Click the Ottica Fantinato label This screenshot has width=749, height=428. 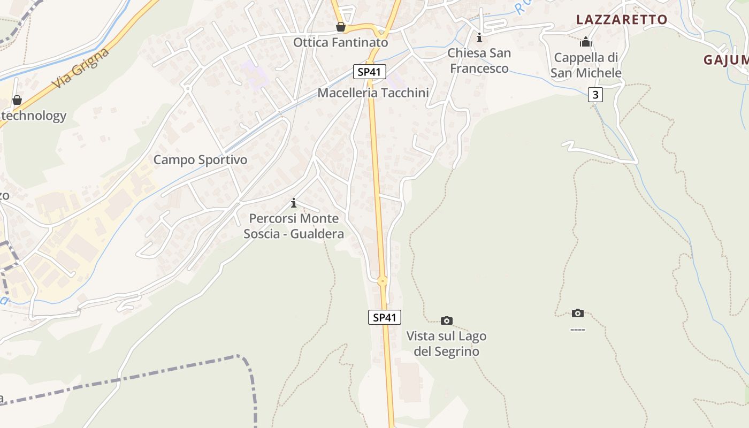pos(340,42)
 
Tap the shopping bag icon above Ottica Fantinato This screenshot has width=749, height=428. pos(340,27)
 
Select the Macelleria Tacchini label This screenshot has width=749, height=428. pos(373,93)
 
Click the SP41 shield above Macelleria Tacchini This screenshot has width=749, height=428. pos(369,72)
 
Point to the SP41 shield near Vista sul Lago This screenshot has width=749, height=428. pos(385,317)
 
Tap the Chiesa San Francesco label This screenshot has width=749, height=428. pos(479,60)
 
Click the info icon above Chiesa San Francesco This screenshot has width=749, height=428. pos(479,37)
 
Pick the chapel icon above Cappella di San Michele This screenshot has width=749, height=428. pos(586,41)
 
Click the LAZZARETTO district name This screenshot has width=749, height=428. pos(622,20)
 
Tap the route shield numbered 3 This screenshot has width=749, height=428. pos(595,95)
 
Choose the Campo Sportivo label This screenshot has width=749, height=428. pos(201,159)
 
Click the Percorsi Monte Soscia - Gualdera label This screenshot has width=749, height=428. pos(294,226)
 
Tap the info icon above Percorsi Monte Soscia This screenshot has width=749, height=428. pos(293,203)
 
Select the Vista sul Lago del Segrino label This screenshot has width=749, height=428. pos(446,343)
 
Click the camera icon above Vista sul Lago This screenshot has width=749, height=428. pos(446,320)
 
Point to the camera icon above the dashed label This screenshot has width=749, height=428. pos(577,313)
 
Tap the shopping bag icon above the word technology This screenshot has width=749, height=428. pos(17,100)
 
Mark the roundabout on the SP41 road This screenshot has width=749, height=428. pos(382,281)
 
